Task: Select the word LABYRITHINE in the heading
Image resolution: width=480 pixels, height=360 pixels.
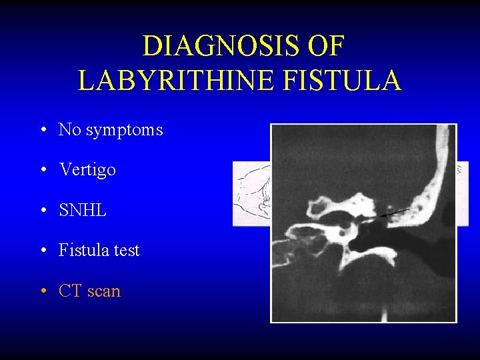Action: tap(175, 81)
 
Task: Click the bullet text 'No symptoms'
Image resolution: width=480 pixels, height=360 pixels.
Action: tap(111, 129)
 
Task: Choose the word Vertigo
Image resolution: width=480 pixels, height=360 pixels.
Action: tap(87, 169)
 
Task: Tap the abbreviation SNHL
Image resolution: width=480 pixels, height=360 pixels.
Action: tap(83, 210)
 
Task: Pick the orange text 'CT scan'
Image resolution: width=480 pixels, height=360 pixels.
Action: tap(89, 291)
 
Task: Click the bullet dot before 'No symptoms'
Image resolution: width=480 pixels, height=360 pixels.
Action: tap(42, 130)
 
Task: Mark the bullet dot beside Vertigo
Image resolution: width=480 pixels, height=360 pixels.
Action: tap(42, 170)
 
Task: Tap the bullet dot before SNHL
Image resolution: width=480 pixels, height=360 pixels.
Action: tap(42, 211)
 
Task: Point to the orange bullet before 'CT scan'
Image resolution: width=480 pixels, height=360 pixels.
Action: tap(42, 291)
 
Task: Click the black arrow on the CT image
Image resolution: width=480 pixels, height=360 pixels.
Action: tap(397, 213)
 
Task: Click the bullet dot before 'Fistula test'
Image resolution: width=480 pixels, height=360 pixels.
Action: tap(42, 251)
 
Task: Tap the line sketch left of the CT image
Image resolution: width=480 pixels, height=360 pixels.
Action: tap(251, 193)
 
